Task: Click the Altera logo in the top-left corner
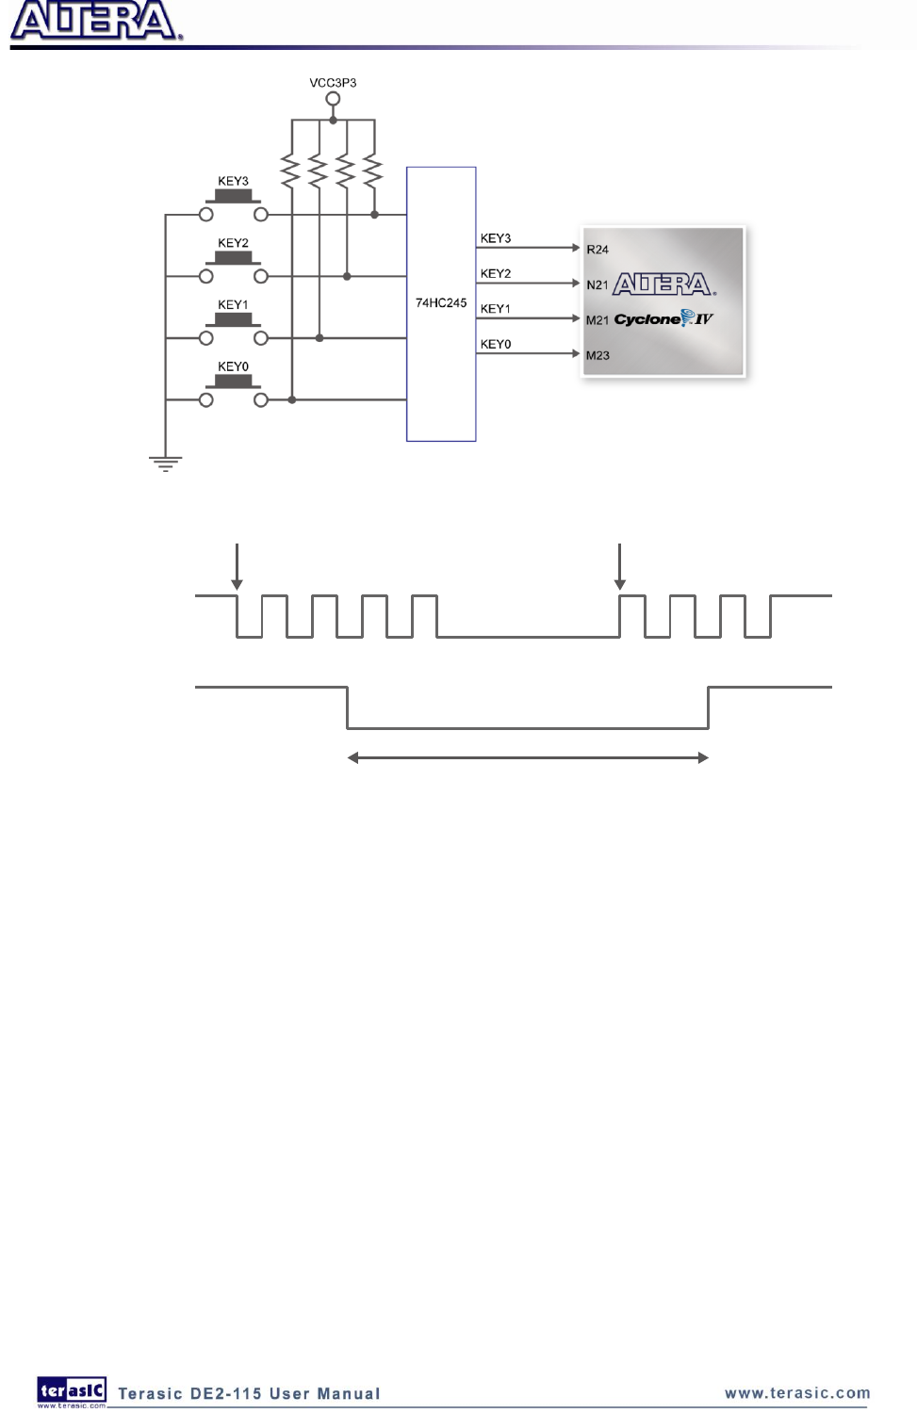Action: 94,23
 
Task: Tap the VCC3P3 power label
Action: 333,83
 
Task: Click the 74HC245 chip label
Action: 441,303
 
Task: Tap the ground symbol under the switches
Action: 165,463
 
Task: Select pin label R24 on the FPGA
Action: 598,250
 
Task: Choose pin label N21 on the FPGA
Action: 598,285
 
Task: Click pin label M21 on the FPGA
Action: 598,320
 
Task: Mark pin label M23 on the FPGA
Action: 598,356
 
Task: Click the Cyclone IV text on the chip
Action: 663,319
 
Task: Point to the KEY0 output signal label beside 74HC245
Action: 496,345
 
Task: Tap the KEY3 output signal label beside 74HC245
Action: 496,238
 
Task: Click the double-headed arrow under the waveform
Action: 528,757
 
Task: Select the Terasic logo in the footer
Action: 72,1391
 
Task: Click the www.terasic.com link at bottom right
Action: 797,1393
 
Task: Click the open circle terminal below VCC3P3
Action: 333,98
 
